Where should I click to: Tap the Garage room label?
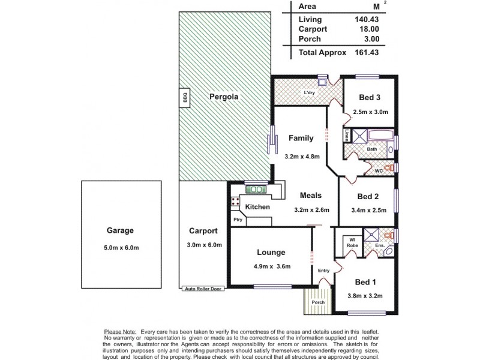121,230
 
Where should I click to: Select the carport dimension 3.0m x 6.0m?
205,245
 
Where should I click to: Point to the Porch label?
318,302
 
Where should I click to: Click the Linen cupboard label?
347,136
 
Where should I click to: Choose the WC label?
379,171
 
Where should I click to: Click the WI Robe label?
351,243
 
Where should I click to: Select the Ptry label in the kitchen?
238,220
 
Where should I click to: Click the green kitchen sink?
256,190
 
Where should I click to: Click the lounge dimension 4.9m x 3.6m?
271,266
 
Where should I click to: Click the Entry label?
324,271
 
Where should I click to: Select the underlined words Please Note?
121,331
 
